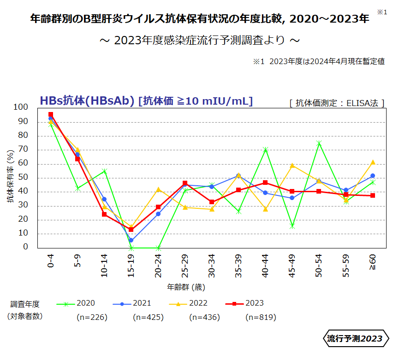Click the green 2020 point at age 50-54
[319, 143]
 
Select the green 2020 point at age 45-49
[292, 226]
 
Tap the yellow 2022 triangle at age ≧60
[373, 162]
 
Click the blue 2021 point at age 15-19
[131, 240]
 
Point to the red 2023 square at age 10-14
[104, 214]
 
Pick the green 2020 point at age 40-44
[265, 149]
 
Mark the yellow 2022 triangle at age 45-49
[292, 165]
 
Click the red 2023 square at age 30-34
[212, 202]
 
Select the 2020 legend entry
[76, 303]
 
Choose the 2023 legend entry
[244, 303]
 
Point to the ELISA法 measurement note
[337, 103]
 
